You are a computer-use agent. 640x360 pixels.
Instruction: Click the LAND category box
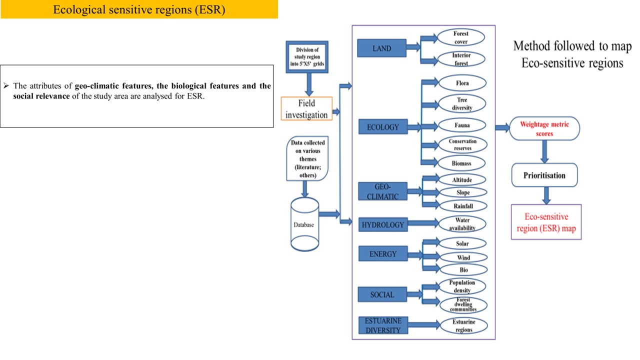pyautogui.click(x=381, y=48)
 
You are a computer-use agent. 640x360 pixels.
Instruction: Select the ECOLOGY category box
pyautogui.click(x=382, y=127)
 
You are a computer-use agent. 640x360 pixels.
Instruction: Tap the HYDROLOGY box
pyautogui.click(x=382, y=225)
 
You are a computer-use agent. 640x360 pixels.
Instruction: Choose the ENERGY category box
pyautogui.click(x=382, y=254)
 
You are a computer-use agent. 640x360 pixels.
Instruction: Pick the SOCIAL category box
pyautogui.click(x=382, y=294)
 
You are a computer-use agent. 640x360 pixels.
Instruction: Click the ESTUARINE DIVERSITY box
pyautogui.click(x=382, y=325)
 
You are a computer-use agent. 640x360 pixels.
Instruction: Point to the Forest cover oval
pyautogui.click(x=460, y=37)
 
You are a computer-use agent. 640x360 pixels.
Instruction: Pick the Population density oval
pyautogui.click(x=461, y=286)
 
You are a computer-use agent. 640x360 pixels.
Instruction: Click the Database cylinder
pyautogui.click(x=304, y=224)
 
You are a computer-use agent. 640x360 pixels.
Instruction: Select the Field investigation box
pyautogui.click(x=306, y=109)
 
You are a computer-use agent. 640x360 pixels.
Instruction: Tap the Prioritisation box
pyautogui.click(x=544, y=175)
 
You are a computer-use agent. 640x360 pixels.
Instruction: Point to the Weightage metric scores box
pyautogui.click(x=544, y=129)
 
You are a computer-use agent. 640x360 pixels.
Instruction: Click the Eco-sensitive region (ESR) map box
pyautogui.click(x=546, y=222)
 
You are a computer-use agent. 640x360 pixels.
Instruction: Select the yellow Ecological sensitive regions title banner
pyautogui.click(x=139, y=9)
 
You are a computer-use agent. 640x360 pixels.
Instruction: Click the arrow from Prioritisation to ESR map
pyautogui.click(x=546, y=194)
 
